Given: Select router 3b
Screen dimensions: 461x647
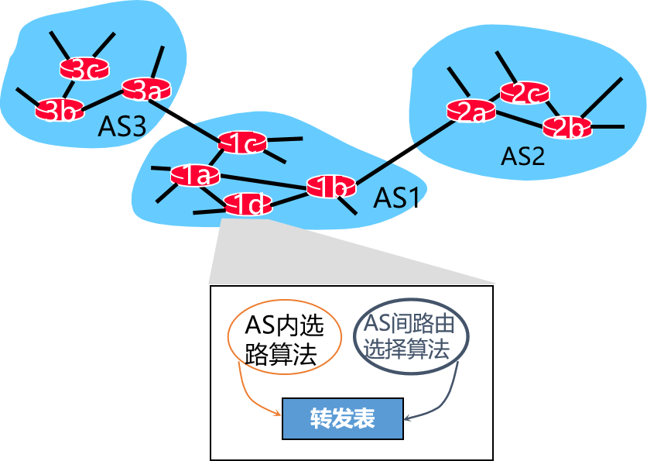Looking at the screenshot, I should click(60, 109).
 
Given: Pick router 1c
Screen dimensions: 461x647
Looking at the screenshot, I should click(242, 142).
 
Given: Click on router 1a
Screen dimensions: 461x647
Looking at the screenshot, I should click(195, 175).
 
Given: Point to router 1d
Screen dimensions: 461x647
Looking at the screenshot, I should click(248, 205).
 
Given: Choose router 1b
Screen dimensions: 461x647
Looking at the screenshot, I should click(331, 186).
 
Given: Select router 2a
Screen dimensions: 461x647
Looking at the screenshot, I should click(471, 111).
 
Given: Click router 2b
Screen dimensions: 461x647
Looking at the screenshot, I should click(567, 126).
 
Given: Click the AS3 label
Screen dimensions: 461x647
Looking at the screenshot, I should click(122, 127).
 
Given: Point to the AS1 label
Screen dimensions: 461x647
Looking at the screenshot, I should click(396, 198).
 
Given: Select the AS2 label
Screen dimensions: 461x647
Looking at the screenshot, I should click(522, 157).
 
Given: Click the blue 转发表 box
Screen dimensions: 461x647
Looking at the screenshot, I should click(343, 418).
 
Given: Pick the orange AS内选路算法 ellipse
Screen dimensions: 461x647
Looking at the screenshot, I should click(284, 342).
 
